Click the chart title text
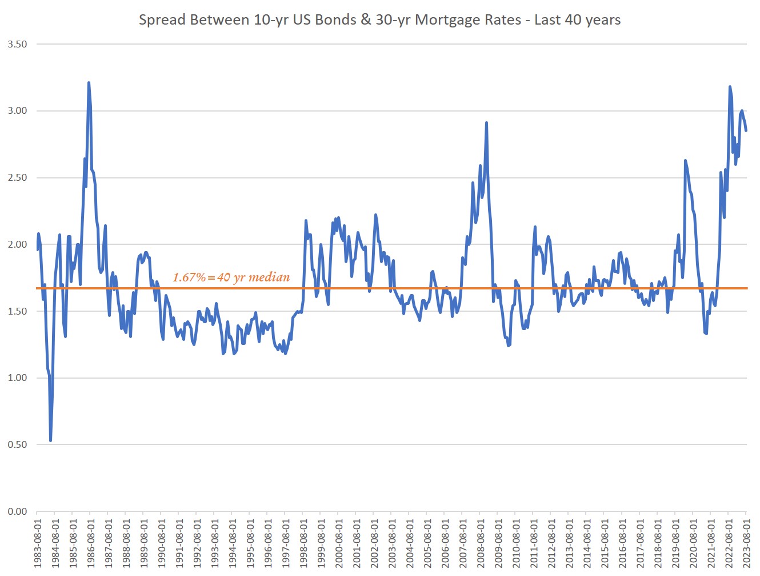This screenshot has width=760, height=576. [379, 20]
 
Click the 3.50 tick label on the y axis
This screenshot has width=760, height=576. [17, 44]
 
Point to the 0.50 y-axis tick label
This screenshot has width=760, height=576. [17, 444]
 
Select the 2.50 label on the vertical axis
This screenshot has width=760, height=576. [17, 177]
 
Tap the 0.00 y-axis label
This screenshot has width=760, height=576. [17, 511]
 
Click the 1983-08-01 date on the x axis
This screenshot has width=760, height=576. [38, 543]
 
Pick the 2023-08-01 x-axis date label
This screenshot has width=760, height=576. [746, 543]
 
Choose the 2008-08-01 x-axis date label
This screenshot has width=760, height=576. [481, 543]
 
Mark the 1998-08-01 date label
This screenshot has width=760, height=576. [303, 543]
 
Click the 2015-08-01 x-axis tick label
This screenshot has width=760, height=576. [605, 543]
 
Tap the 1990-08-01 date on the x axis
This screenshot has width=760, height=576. [162, 543]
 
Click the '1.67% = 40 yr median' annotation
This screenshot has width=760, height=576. [231, 277]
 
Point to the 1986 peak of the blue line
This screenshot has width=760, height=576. [89, 83]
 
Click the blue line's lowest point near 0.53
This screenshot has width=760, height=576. [50, 440]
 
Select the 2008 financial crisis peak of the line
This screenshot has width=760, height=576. [486, 122]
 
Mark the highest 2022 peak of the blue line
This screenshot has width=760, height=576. [730, 87]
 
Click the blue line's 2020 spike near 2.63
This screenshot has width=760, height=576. [685, 161]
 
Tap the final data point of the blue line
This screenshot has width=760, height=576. [746, 130]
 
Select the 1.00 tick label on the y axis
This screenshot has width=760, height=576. [17, 378]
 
